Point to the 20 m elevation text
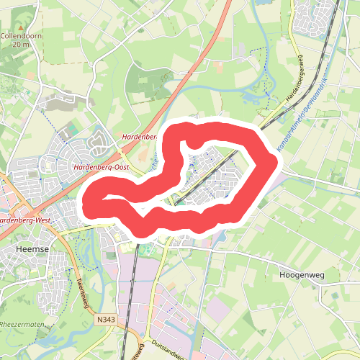coord(22,44)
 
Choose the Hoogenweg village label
coord(297,275)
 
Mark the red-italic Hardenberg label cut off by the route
coord(139,136)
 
